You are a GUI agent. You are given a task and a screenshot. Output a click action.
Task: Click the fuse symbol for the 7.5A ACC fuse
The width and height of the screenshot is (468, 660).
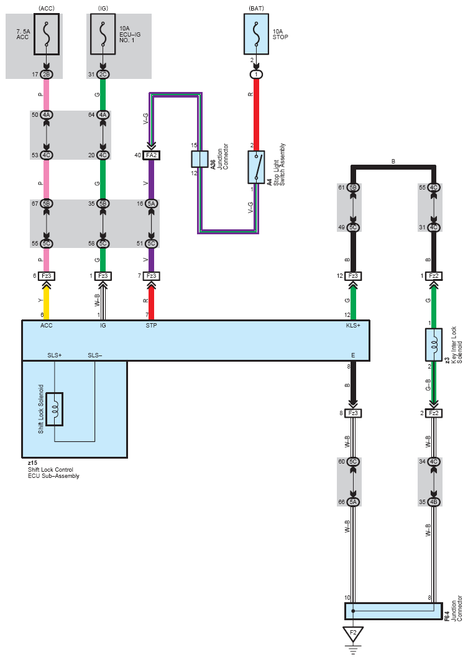(46, 34)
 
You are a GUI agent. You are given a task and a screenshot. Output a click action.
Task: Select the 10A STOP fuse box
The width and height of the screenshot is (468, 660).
(256, 34)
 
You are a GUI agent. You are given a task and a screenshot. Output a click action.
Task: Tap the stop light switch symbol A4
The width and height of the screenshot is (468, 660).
(256, 167)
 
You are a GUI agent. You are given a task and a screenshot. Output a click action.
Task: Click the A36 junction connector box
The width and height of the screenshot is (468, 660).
(200, 159)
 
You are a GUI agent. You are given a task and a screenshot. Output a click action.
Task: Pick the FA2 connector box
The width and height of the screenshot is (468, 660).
(151, 155)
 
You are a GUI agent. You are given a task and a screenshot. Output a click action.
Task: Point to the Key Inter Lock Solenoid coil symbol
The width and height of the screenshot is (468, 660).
(434, 344)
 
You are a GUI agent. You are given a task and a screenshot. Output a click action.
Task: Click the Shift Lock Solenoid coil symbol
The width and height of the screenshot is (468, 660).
(54, 409)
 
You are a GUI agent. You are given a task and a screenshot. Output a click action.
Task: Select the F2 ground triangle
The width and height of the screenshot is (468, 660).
(353, 633)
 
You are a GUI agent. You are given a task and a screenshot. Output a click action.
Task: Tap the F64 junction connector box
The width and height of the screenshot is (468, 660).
(393, 611)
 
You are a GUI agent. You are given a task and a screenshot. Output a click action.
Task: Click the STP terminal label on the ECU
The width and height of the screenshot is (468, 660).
(151, 326)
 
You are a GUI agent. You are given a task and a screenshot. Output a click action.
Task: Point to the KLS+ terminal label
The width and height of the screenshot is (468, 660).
(352, 326)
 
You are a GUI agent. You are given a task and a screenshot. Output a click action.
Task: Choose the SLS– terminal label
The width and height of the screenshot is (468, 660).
(94, 355)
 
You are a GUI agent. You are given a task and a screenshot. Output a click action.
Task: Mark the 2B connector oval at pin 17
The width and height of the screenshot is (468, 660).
(46, 75)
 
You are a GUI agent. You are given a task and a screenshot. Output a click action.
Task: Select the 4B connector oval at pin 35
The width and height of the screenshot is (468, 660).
(434, 502)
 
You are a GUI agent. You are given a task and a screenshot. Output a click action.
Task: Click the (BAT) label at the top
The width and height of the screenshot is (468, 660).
(256, 8)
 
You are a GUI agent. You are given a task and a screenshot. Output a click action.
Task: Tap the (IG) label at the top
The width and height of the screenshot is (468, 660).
(103, 8)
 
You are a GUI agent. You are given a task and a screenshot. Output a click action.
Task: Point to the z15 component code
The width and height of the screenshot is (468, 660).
(32, 463)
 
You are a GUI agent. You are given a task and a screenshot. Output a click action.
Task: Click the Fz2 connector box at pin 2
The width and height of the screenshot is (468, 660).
(434, 413)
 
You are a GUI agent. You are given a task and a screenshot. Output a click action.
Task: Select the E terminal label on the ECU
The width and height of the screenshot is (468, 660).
(352, 355)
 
